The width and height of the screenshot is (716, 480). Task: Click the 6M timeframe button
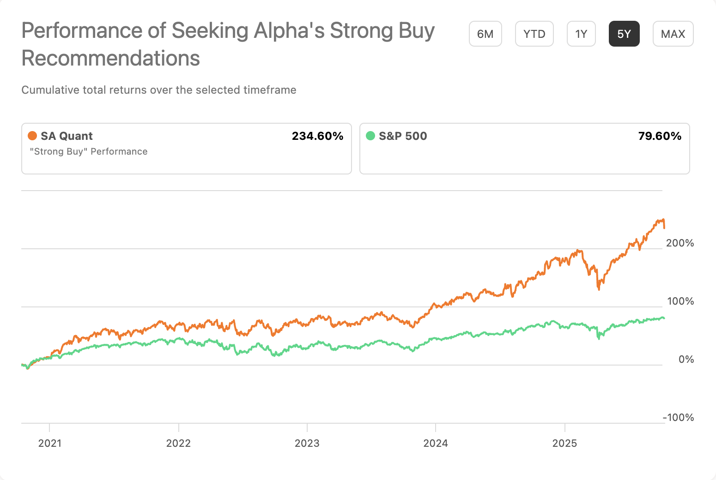click(485, 34)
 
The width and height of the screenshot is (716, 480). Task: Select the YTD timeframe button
click(534, 34)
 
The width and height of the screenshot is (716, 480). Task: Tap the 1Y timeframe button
click(581, 34)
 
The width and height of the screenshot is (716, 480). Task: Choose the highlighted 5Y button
click(624, 34)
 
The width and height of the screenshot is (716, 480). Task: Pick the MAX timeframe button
click(673, 34)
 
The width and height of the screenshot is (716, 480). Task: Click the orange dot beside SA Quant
click(32, 136)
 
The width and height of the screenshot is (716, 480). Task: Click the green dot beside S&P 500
click(370, 136)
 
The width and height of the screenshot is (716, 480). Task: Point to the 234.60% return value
click(317, 136)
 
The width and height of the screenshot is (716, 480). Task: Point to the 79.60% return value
click(659, 136)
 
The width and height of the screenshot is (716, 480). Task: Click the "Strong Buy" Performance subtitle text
click(89, 152)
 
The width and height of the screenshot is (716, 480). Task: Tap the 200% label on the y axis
click(680, 243)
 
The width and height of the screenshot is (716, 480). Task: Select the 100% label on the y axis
click(680, 301)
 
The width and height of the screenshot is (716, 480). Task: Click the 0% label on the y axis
click(686, 360)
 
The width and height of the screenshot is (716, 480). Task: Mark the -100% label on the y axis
click(678, 418)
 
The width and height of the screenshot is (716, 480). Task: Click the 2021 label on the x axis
click(49, 444)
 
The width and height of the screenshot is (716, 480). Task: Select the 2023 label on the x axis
click(307, 444)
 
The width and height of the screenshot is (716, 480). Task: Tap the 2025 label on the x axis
click(564, 444)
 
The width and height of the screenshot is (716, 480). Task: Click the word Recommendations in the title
click(111, 59)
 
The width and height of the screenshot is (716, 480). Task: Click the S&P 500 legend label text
click(403, 136)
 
